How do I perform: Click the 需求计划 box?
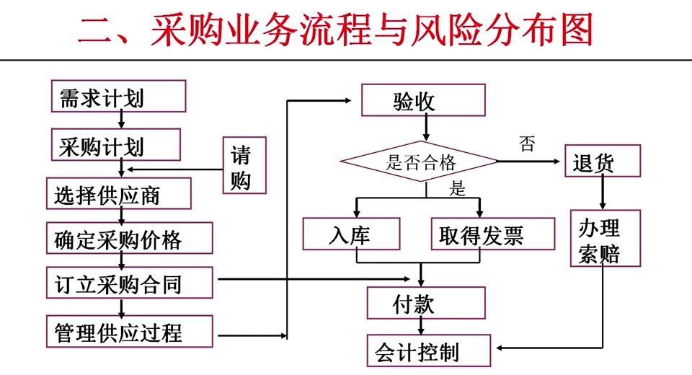pyautogui.click(x=118, y=96)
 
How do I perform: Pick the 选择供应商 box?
pyautogui.click(x=118, y=193)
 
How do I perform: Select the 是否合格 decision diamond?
pyautogui.click(x=419, y=162)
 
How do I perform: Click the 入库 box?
pyautogui.click(x=351, y=234)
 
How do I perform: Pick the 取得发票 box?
pyautogui.click(x=493, y=234)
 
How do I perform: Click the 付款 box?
pyautogui.click(x=414, y=304)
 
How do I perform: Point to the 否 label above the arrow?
pyautogui.click(x=527, y=144)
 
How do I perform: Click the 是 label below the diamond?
pyautogui.click(x=458, y=189)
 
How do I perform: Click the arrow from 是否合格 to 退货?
pyautogui.click(x=530, y=162)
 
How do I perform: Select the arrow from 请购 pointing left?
pyautogui.click(x=173, y=170)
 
